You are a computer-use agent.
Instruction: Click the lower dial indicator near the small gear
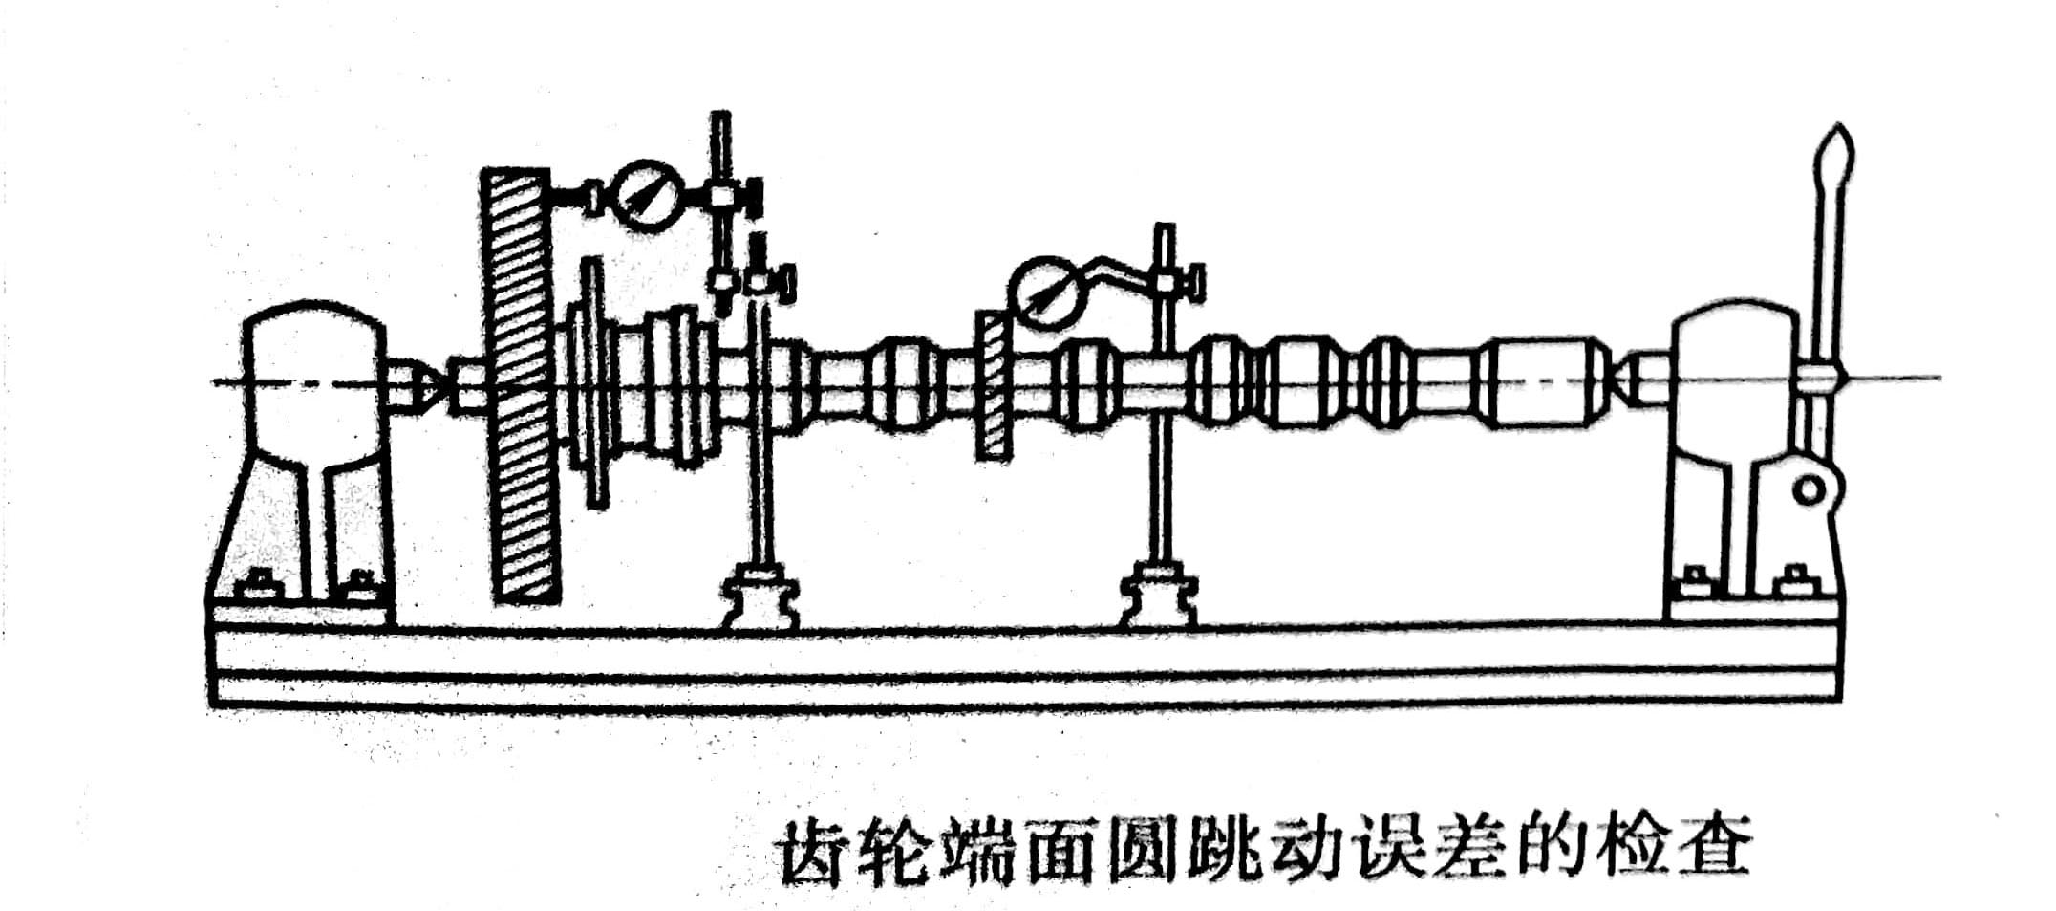(x=1047, y=293)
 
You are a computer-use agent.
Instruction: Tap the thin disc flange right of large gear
(x=594, y=382)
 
